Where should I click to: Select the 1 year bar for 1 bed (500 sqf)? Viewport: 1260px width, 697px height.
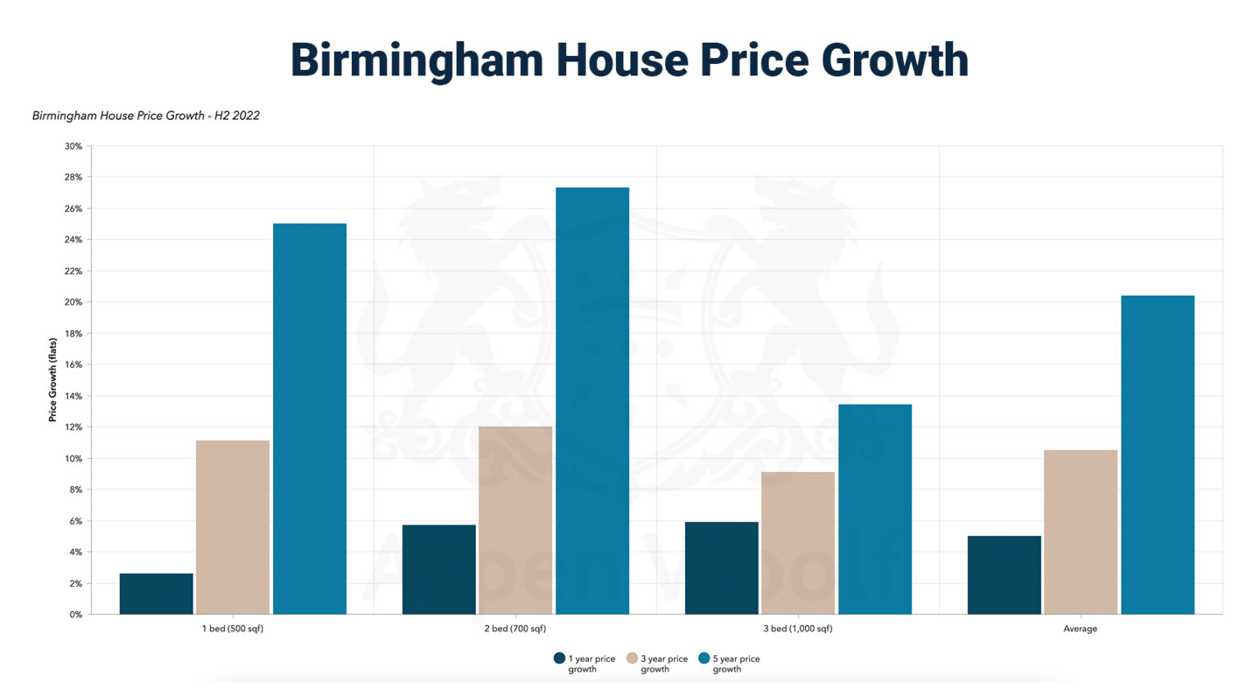156,594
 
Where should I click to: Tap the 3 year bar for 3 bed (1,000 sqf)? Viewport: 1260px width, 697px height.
797,543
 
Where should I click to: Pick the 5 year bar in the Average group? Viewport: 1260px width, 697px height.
1157,455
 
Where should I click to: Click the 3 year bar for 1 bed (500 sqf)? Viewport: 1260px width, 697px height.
233,527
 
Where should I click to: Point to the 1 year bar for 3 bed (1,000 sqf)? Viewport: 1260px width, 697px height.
721,568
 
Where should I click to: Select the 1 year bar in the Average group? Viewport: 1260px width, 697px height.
1004,575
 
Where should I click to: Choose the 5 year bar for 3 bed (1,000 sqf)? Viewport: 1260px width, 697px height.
874,509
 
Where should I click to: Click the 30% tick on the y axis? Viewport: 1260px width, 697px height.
73,146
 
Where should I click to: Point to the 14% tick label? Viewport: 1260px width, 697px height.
73,396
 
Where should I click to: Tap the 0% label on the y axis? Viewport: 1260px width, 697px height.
75,614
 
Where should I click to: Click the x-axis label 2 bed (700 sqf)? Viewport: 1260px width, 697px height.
515,629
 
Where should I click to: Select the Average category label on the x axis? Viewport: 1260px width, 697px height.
1080,629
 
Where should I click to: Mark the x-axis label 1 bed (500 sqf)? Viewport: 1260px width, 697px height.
233,629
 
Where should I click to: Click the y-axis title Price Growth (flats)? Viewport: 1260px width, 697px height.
52,379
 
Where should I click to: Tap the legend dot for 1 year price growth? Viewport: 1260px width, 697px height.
559,658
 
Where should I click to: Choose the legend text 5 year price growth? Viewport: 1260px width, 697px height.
736,663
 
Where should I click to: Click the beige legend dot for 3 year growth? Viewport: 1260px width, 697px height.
632,658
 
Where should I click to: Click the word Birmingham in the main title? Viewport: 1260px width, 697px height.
416,61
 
